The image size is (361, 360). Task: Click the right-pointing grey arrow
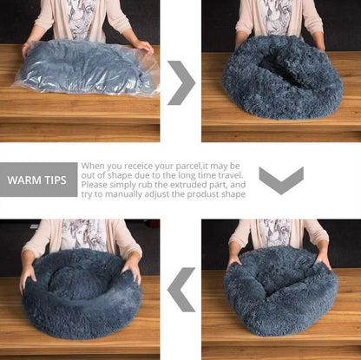[181, 82]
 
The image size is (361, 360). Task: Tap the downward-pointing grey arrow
[281, 180]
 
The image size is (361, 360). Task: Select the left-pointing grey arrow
[181, 288]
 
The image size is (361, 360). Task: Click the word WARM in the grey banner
[26, 180]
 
